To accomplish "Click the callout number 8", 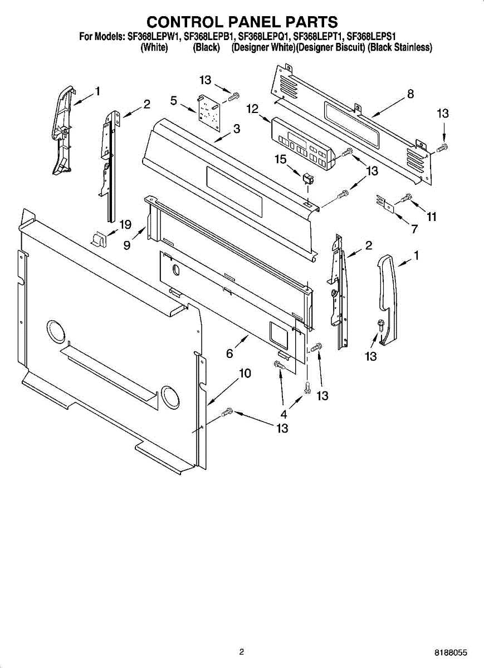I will (x=410, y=94).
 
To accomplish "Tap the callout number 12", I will (x=252, y=109).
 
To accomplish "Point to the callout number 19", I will (x=125, y=225).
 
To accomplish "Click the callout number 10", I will (x=245, y=374).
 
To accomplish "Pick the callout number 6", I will (x=229, y=353).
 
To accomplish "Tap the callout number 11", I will (x=432, y=217).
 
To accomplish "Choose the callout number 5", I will (x=174, y=101).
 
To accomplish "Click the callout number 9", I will (x=127, y=245).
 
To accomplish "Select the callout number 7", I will (x=414, y=229).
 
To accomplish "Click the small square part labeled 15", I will (x=306, y=179).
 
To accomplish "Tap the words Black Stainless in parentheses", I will (x=400, y=48).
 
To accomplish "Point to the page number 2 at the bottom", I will (x=241, y=652).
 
